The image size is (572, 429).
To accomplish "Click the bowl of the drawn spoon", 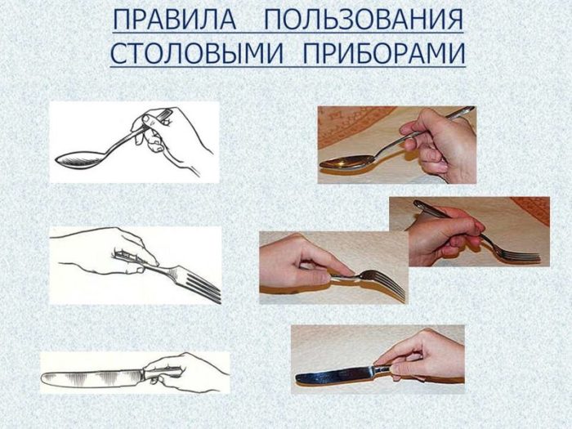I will [78, 157].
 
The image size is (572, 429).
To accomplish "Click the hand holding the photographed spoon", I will [441, 143].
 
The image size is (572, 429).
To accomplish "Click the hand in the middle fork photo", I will [294, 263].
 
